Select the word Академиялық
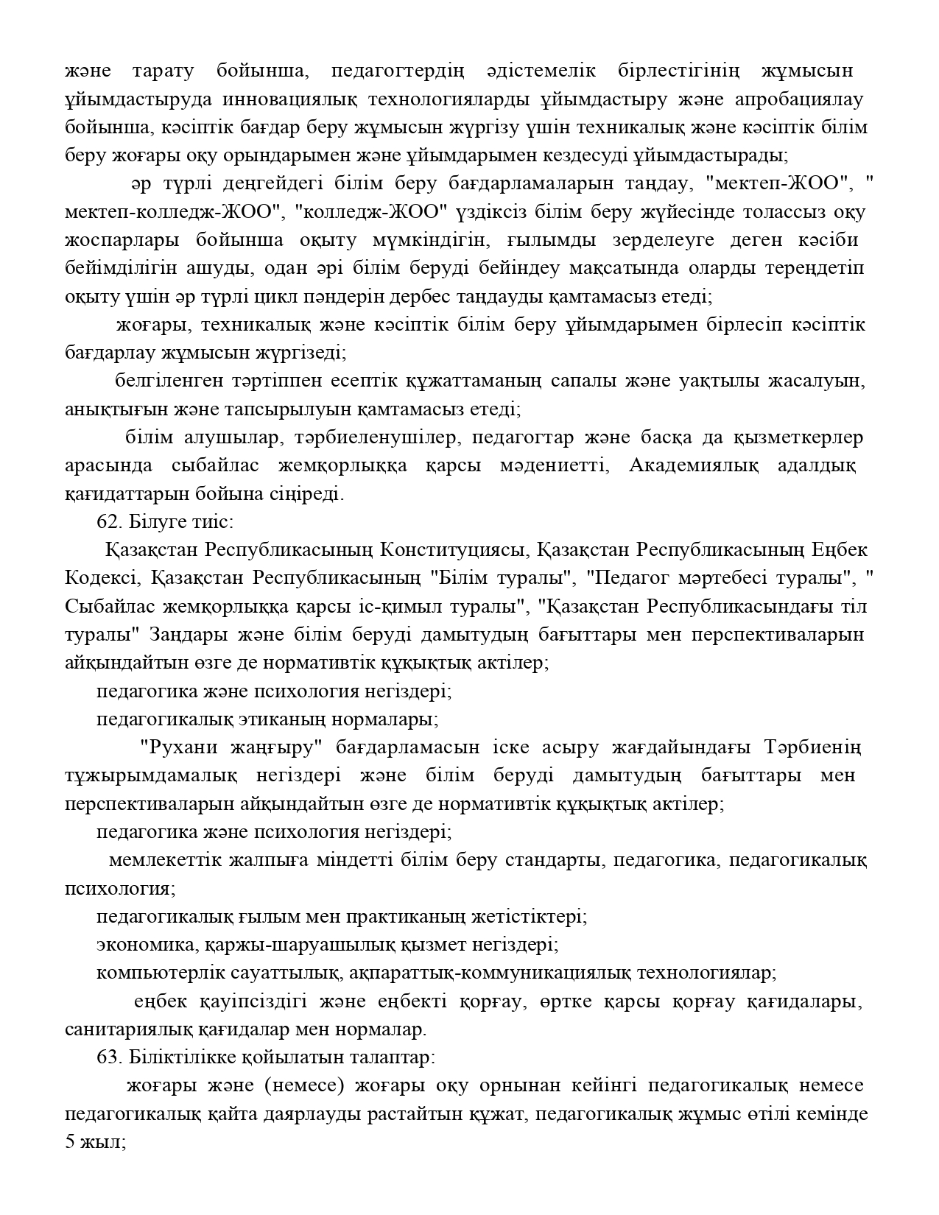click(x=689, y=466)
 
